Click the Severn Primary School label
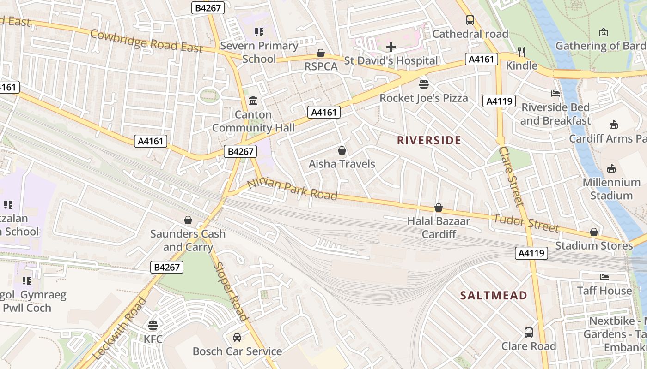(259, 52)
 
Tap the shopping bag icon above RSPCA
(320, 54)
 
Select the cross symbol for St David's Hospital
(391, 47)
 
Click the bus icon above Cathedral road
(470, 20)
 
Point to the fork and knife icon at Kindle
(521, 52)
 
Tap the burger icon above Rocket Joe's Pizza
(423, 84)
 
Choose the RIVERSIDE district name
(429, 140)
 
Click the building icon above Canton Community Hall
(253, 101)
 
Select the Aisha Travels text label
(342, 164)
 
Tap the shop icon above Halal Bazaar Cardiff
(439, 208)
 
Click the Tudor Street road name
(526, 223)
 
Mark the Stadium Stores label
(594, 245)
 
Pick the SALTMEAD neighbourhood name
(494, 295)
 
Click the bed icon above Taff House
(604, 277)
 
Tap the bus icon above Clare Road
(529, 333)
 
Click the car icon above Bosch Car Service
(237, 338)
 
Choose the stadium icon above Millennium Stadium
(611, 168)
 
